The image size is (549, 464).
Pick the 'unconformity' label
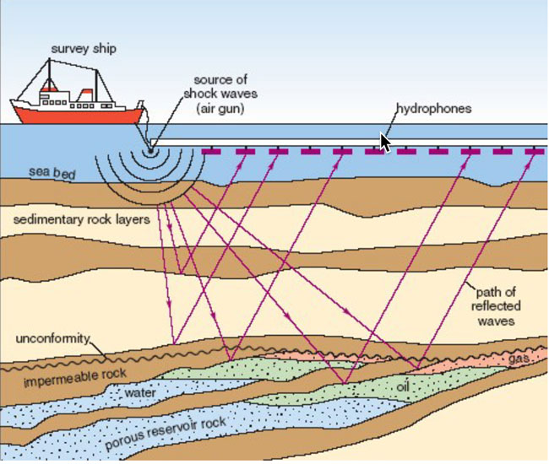click(52, 338)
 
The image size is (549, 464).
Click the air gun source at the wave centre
click(151, 150)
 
